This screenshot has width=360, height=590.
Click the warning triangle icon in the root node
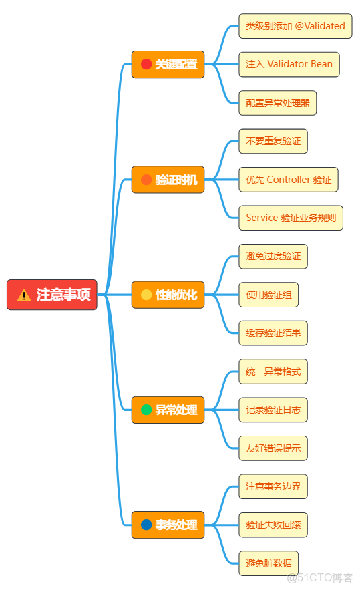[x=24, y=295]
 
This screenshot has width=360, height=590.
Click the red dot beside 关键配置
[x=146, y=65]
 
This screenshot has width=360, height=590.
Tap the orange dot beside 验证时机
[x=146, y=180]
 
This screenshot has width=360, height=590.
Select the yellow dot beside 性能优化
[x=146, y=295]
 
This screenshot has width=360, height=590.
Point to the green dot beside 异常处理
[x=146, y=410]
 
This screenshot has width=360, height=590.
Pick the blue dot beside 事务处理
[x=146, y=525]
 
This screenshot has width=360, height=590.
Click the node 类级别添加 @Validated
[x=295, y=26]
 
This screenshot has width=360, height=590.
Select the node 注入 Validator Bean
[x=289, y=65]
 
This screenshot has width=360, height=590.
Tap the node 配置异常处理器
[x=277, y=103]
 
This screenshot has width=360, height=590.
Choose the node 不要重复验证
[x=273, y=141]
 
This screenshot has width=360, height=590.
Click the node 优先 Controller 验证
[x=289, y=180]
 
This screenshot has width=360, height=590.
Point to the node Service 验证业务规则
[x=291, y=218]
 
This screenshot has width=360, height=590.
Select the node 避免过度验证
[x=273, y=256]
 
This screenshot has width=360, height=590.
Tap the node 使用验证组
[x=268, y=295]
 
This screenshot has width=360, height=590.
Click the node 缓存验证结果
[x=273, y=333]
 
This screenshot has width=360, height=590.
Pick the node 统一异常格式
[x=273, y=371]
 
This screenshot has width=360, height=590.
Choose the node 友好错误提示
[x=273, y=448]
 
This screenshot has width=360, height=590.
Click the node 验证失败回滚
[x=273, y=525]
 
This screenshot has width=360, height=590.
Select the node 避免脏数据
[x=268, y=563]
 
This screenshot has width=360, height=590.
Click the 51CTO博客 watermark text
[x=320, y=577]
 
